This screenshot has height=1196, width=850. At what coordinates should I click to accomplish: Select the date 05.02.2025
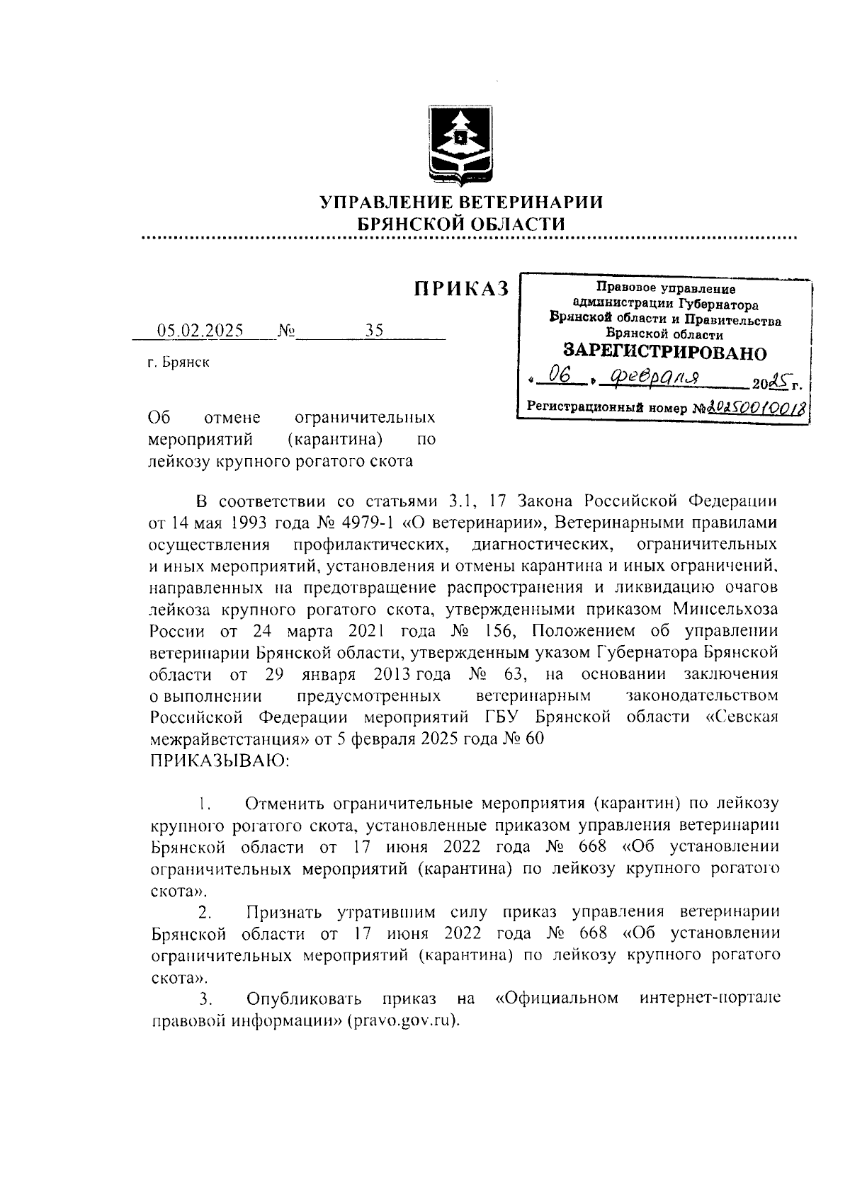tap(200, 331)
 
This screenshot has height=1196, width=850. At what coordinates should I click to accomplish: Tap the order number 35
tap(374, 331)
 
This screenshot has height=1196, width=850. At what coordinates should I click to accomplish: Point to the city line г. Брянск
tap(178, 363)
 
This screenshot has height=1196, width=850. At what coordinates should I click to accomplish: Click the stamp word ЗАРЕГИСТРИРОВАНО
tap(664, 352)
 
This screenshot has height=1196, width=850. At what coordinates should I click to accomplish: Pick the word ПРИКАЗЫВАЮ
tap(218, 761)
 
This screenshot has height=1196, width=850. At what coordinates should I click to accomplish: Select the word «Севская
tap(743, 717)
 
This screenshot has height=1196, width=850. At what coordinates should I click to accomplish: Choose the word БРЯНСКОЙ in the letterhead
tap(405, 224)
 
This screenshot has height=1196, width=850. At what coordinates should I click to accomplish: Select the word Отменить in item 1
tap(284, 804)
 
